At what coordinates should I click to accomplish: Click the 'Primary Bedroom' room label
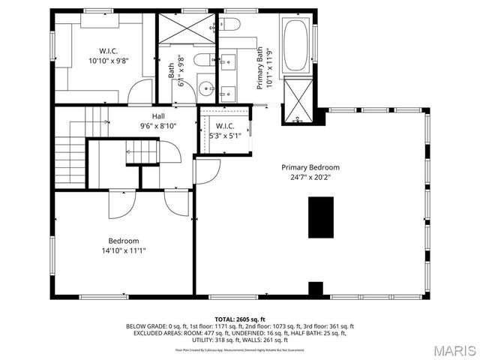click(x=310, y=167)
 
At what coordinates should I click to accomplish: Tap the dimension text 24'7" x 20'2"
click(x=310, y=178)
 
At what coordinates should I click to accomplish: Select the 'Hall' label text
click(x=158, y=116)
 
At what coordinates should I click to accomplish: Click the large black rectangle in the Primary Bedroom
click(x=321, y=217)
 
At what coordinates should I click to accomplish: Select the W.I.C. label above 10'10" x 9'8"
click(x=104, y=52)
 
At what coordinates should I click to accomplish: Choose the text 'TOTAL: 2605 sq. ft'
click(x=240, y=319)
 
